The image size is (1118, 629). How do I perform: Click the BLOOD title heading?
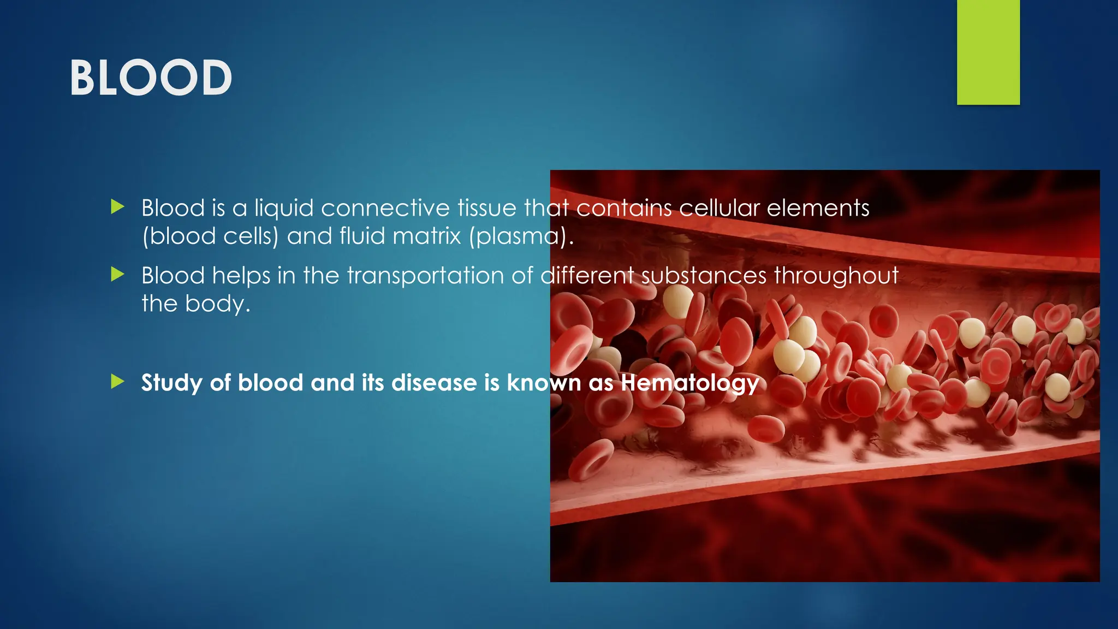(151, 78)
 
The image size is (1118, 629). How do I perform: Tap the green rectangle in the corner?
(988, 52)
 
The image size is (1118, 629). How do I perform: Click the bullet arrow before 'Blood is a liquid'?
(117, 207)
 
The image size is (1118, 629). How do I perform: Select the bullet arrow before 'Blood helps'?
(117, 274)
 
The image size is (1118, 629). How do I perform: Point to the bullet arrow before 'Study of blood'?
(117, 382)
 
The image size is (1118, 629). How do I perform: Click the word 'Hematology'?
(690, 383)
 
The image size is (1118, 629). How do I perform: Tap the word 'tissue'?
(487, 208)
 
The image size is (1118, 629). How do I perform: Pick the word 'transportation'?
(425, 276)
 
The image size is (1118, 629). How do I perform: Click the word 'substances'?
(704, 276)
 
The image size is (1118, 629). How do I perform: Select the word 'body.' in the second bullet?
(218, 304)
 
